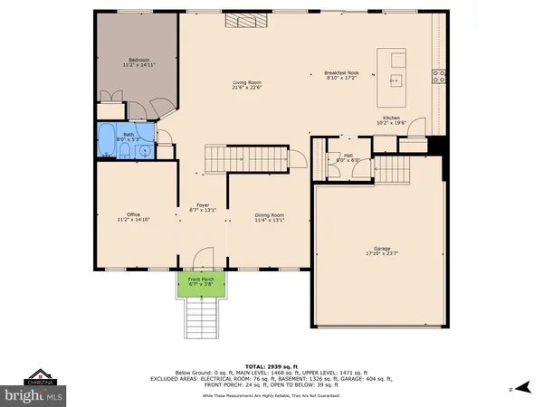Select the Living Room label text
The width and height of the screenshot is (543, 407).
(247, 83)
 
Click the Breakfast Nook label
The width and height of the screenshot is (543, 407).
(342, 72)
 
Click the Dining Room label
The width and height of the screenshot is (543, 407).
(270, 214)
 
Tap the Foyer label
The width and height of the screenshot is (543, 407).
(203, 205)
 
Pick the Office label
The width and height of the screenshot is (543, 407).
(133, 214)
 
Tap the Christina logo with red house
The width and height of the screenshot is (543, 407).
(37, 376)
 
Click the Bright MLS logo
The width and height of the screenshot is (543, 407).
(37, 395)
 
